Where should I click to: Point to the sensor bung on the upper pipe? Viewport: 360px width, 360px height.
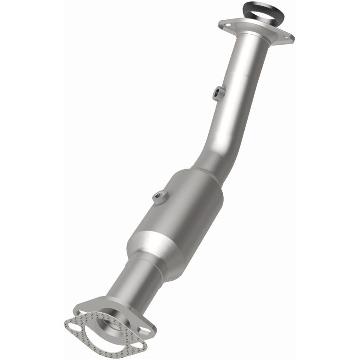tap(218, 93)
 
